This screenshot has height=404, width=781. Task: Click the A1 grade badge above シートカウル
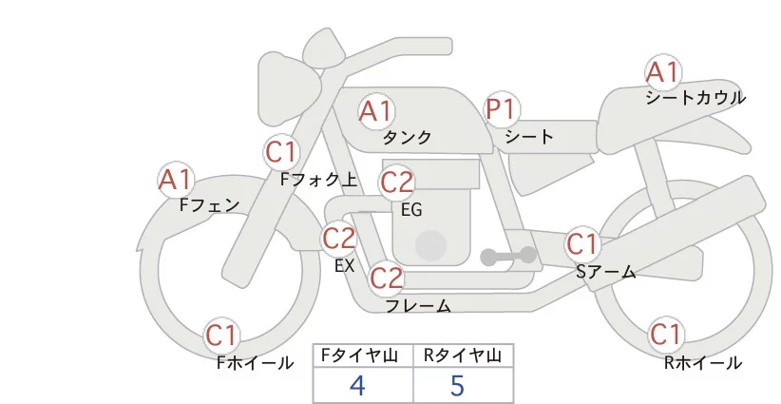662,72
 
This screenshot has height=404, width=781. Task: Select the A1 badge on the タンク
374,111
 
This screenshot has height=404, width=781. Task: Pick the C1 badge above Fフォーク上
281,151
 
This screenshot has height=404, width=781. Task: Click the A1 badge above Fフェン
175,179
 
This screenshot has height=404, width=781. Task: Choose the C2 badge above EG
396,181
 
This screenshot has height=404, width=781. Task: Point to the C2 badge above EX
338,237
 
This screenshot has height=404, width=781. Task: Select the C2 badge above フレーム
386,279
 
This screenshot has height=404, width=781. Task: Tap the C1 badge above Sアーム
582,243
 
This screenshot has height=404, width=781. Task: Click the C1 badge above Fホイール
222,335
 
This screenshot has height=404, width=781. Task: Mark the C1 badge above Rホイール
665,335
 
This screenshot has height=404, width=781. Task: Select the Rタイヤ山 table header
463,356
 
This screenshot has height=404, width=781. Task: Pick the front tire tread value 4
357,385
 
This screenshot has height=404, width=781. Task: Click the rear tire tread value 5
458,385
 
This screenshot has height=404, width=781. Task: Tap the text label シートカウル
695,97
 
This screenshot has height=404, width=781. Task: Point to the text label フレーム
417,305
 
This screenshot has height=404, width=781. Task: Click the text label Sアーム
605,271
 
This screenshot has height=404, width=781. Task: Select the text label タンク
408,138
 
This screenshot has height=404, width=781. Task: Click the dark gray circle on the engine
431,244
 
